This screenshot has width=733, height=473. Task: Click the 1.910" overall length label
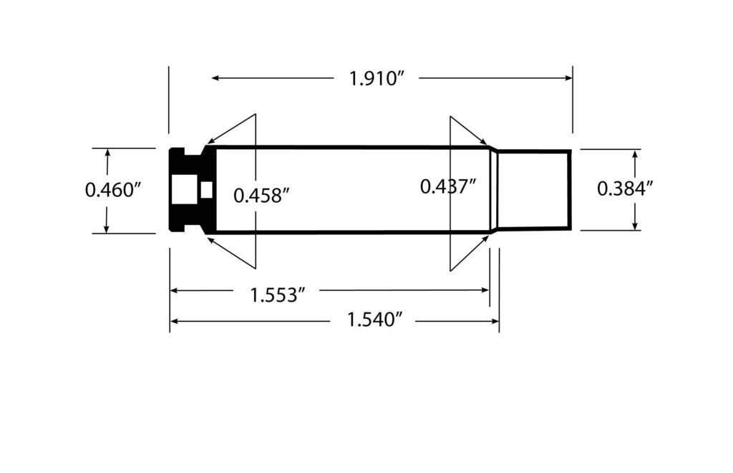coord(377,78)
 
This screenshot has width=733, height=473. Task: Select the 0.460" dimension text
coord(114,190)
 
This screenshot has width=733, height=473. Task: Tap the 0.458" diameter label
coord(262,195)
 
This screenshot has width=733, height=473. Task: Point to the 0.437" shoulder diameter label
coord(448,187)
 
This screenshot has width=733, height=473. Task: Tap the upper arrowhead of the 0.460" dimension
coord(107,153)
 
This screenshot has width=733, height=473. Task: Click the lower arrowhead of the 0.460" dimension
coord(107,228)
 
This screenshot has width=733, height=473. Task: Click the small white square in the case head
coord(208,190)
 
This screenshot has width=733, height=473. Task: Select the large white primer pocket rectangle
coord(183,190)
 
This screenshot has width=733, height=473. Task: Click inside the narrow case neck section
coord(533,190)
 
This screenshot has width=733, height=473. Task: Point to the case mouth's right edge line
coord(571,190)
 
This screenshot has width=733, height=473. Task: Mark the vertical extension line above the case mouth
coord(573,100)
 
